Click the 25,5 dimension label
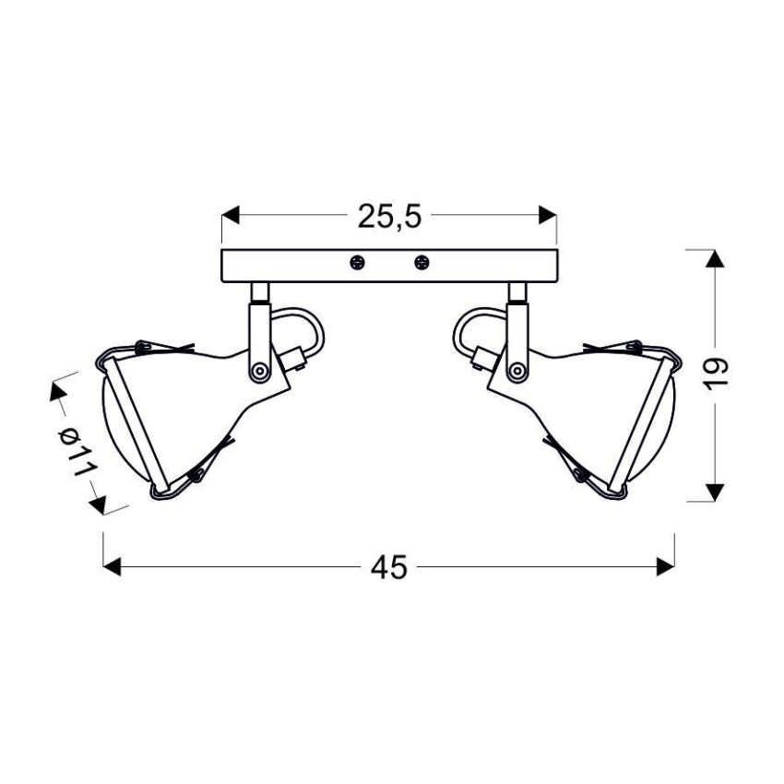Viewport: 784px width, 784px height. point(390,217)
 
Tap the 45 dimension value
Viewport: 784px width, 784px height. point(389,567)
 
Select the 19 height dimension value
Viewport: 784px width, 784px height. point(716,375)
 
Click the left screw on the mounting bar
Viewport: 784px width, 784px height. point(357,262)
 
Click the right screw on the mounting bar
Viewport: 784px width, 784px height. point(422,262)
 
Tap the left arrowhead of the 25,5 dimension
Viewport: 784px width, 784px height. point(231,215)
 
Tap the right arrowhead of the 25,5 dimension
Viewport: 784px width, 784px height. point(548,215)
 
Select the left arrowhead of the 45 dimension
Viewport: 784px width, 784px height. point(112,566)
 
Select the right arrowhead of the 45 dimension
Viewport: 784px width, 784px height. point(666,566)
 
